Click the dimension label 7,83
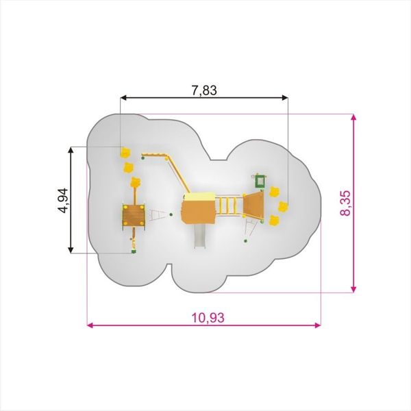point(204,90)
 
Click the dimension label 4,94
point(63,201)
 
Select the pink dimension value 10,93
point(208,318)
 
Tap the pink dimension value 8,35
point(345,203)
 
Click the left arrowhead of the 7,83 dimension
point(123,98)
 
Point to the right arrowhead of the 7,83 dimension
point(285,98)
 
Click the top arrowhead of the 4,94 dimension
point(71,150)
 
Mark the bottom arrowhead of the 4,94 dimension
point(71,250)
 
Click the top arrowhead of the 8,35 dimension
point(353,118)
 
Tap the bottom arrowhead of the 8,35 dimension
point(353,289)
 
